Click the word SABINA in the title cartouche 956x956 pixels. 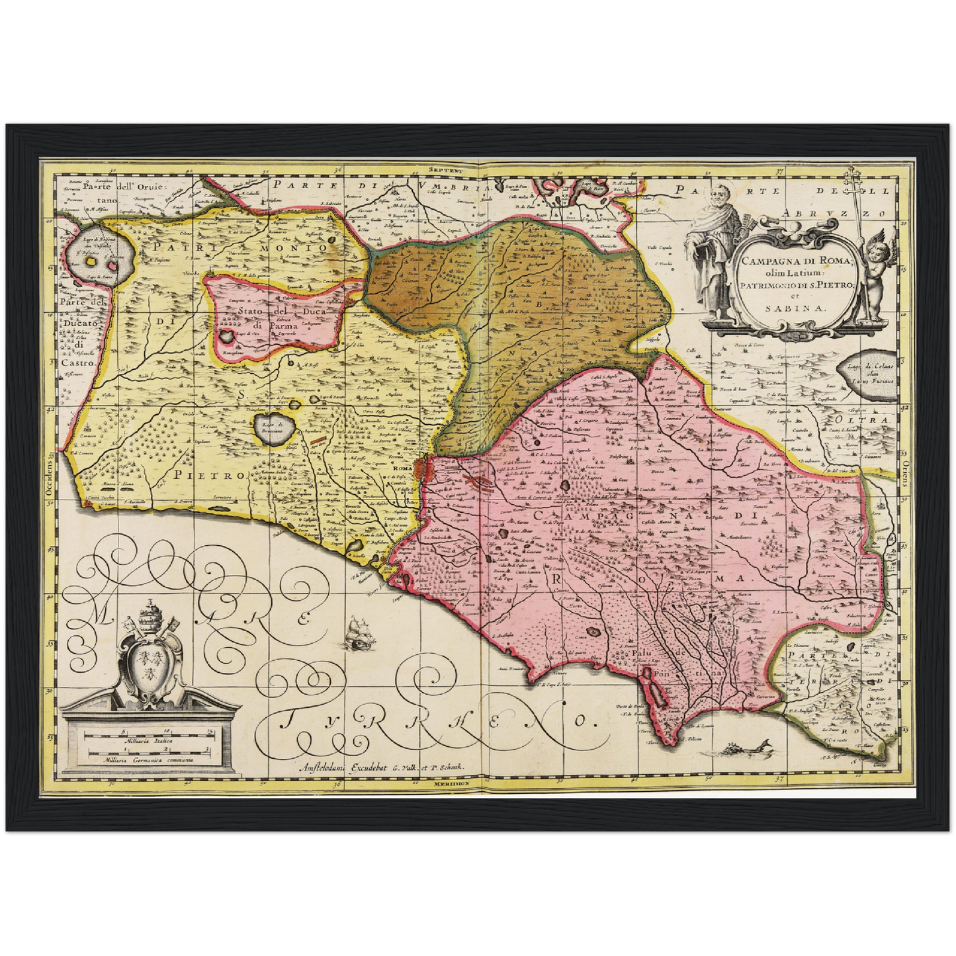[786, 307]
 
